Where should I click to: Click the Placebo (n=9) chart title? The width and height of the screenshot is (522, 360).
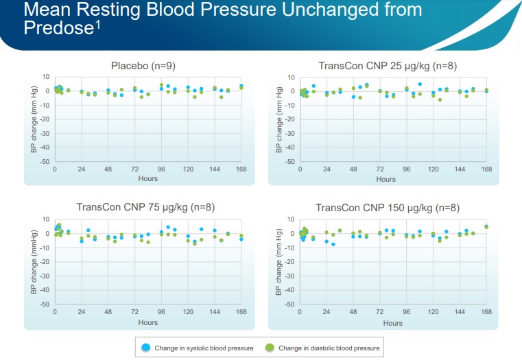143,66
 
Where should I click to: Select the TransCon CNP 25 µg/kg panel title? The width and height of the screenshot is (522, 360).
388,66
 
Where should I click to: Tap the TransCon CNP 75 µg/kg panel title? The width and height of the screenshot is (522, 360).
143,208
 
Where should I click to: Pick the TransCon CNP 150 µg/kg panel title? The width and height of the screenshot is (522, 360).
388,208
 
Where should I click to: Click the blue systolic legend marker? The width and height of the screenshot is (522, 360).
146,348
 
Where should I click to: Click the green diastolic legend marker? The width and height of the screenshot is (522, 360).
270,348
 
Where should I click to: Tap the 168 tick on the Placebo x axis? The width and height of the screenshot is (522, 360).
241,169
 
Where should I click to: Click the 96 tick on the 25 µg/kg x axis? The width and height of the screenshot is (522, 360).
407,169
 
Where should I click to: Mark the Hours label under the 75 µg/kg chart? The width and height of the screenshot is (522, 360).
147,322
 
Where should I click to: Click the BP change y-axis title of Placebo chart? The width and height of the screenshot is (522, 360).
33,120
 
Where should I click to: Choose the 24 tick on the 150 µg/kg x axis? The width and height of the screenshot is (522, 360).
327,312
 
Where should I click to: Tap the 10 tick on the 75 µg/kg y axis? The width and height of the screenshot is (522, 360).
47,219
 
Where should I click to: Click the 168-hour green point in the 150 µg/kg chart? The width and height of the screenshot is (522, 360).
486,227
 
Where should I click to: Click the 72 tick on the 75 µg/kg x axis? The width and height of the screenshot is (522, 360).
134,312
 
